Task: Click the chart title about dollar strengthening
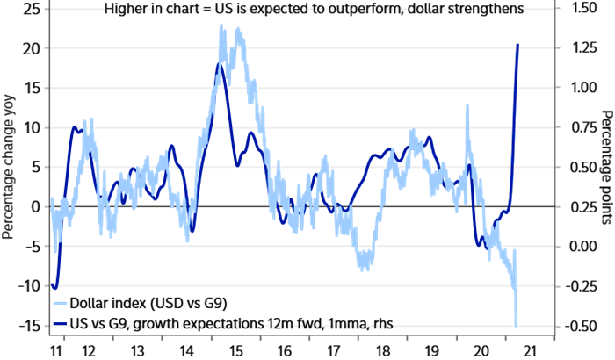[x=314, y=9]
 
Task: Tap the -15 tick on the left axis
[x=30, y=326]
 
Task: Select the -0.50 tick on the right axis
[x=583, y=326]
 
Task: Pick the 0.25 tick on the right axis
[x=585, y=207]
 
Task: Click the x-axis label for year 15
[x=236, y=349]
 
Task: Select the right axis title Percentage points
[x=605, y=167]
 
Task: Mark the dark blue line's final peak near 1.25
[x=517, y=45]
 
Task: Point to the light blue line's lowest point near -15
[x=517, y=325]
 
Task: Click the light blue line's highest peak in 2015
[x=221, y=25]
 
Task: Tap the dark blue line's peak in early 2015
[x=219, y=64]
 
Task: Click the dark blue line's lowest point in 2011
[x=54, y=287]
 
